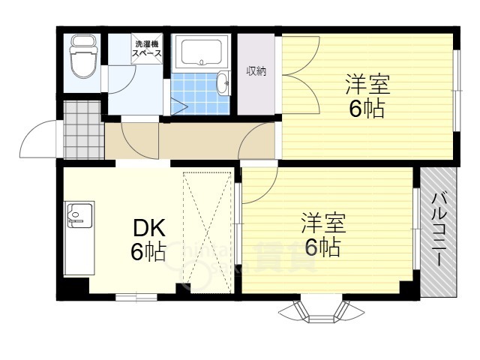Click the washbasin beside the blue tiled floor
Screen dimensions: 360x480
223,83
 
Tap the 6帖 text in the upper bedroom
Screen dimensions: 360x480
367,109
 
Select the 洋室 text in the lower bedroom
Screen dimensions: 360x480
324,223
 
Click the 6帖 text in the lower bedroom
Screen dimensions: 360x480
322,247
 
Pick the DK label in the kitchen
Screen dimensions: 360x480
148,227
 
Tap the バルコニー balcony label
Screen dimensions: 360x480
439,229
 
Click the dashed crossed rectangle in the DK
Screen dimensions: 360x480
208,229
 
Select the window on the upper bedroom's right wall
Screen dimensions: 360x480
456,89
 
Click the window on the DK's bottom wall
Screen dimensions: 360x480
136,298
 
